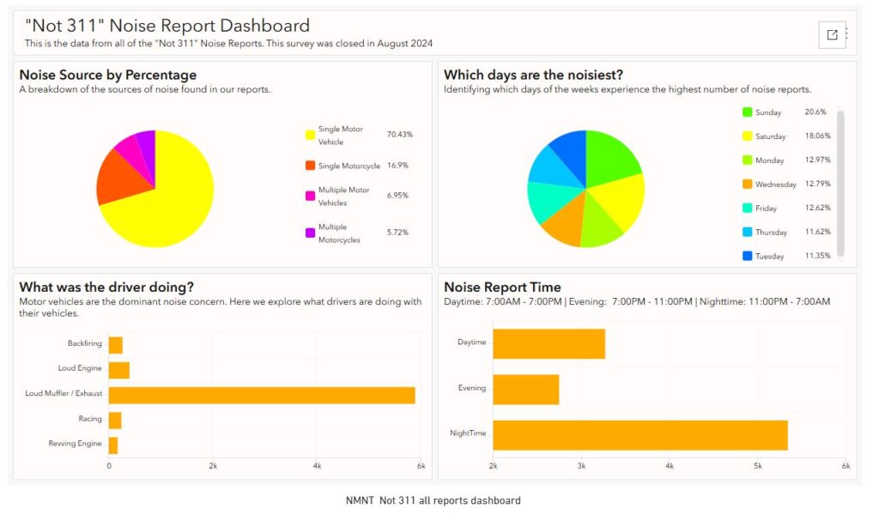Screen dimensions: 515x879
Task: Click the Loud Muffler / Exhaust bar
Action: coord(262,395)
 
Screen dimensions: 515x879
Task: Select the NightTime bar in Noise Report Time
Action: coord(640,435)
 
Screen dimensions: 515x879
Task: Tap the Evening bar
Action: coord(525,389)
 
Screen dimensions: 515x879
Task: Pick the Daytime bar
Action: coord(549,343)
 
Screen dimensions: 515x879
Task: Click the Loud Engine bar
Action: coord(118,370)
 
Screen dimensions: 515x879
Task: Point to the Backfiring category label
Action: coord(84,343)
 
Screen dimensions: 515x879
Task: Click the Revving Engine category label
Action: coord(76,444)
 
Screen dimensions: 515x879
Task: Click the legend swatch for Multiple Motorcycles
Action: coord(311,233)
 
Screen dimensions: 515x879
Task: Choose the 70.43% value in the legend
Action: coord(400,135)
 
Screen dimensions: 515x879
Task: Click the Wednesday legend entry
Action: coord(775,184)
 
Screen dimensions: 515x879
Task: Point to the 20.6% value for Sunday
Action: coord(815,112)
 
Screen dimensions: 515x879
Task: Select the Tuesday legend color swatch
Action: coord(747,256)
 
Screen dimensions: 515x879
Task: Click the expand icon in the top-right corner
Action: coord(832,34)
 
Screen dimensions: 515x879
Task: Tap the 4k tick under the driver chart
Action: coord(317,465)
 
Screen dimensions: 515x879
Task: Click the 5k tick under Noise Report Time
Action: coord(757,465)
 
